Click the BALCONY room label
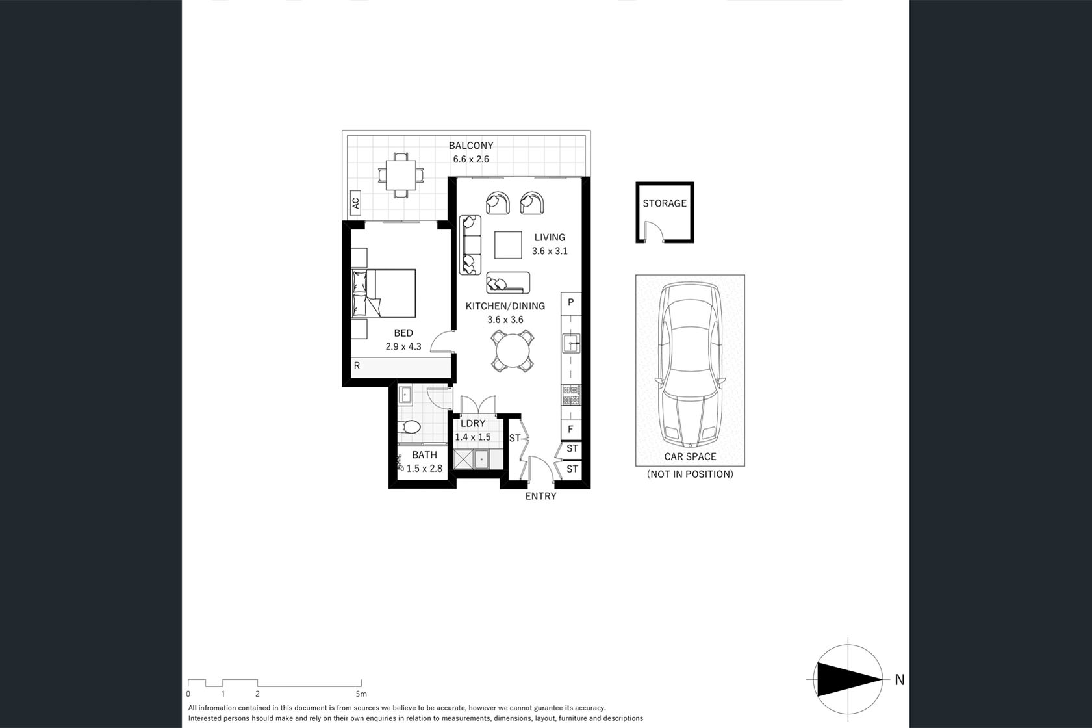471,146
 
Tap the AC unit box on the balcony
356,203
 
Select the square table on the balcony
401,175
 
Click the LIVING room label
550,238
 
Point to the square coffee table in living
508,245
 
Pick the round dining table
513,351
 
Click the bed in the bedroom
384,294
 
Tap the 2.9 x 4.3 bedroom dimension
403,347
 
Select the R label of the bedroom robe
357,365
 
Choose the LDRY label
473,424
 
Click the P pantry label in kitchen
571,302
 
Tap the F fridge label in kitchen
571,430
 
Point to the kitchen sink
571,343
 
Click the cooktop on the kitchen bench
571,395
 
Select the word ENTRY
540,496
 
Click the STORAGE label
665,203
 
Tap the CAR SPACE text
690,457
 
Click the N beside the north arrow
900,680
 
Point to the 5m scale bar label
361,694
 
